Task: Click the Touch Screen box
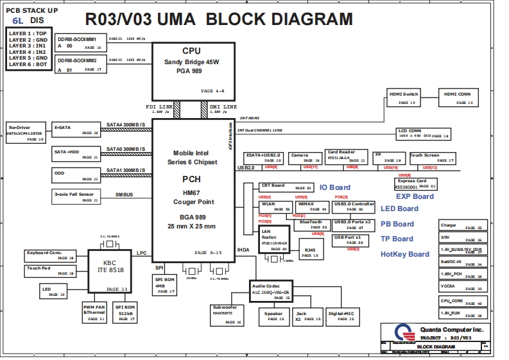(432, 158)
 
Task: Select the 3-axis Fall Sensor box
(76, 196)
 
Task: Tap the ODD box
(76, 175)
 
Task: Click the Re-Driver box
(26, 132)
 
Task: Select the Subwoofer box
(227, 314)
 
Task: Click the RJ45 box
(311, 252)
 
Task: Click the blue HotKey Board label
(404, 254)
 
